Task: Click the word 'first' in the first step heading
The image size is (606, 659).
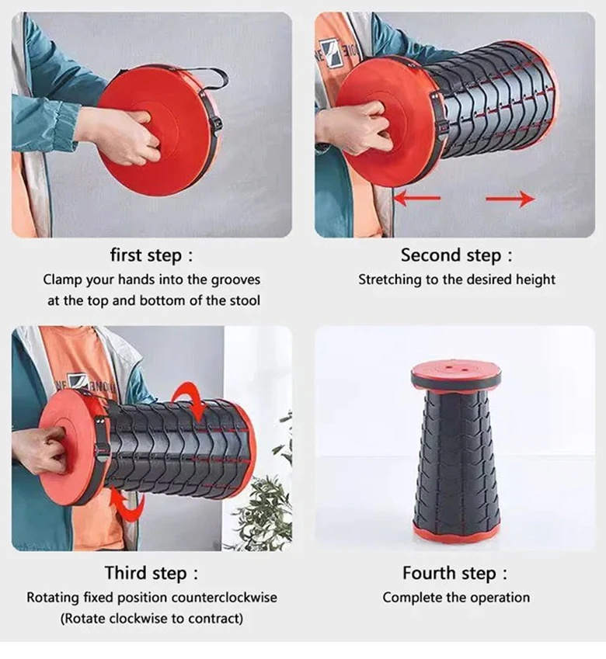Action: [125, 255]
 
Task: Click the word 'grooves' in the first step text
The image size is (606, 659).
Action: [235, 280]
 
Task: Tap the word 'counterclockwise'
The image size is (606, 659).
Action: [225, 597]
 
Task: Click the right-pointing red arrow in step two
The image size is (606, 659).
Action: [510, 199]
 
